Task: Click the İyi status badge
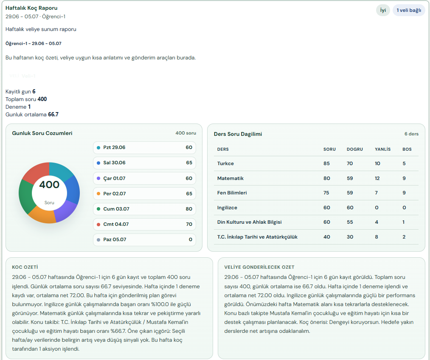point(383,11)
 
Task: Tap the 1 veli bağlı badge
point(409,11)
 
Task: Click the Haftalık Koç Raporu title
point(31,8)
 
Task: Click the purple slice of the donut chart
point(66,211)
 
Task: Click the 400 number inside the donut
point(49,185)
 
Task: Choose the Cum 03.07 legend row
point(144,209)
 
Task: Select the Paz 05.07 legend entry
point(144,239)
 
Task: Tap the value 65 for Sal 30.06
point(189,163)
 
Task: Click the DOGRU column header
point(354,149)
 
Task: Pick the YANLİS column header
point(382,149)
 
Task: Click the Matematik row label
point(230,178)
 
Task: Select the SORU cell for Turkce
point(326,163)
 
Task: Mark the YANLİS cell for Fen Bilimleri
point(377,193)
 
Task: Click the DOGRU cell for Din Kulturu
point(350,222)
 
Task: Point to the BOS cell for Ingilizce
point(404,208)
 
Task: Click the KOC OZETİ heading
point(25,267)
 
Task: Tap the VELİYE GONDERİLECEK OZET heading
point(259,267)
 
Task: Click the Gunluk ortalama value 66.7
point(53,114)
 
